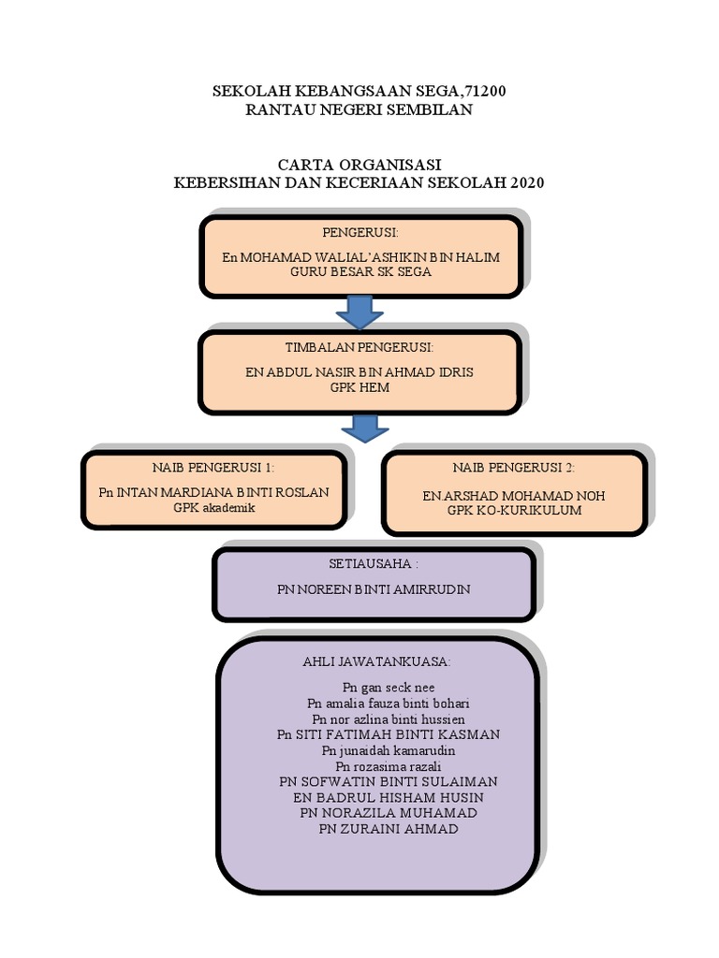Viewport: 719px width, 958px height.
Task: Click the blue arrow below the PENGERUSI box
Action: point(359,312)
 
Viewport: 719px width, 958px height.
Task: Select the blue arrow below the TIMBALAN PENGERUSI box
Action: point(364,428)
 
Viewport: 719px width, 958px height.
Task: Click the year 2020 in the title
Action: point(527,182)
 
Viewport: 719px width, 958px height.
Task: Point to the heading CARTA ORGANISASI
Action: point(359,165)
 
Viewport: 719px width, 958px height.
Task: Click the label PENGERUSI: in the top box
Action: point(360,231)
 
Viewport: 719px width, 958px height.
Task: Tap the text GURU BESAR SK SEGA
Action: point(359,271)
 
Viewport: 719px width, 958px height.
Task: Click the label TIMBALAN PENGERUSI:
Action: point(359,347)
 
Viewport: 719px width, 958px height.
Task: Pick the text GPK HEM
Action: point(359,387)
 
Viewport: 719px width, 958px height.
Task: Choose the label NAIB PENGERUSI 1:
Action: point(213,467)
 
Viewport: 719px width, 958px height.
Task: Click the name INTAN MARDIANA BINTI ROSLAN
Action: point(226,492)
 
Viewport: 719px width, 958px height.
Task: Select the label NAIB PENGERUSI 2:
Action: point(514,468)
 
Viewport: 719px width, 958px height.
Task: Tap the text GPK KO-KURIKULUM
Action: point(514,510)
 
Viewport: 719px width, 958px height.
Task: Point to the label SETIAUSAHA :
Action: point(374,565)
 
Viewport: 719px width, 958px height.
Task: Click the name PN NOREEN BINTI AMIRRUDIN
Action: point(374,589)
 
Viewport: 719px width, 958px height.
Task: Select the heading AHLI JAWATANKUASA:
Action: point(376,661)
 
